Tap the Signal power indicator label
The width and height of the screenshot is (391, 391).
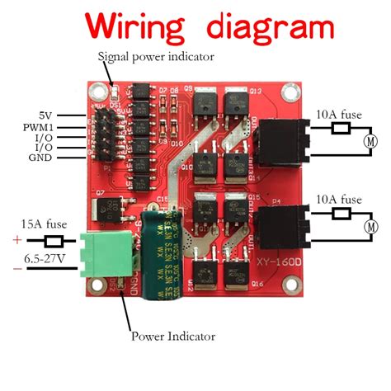pos(156,57)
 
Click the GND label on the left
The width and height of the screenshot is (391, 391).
pos(42,157)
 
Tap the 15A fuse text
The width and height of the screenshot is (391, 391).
pos(44,222)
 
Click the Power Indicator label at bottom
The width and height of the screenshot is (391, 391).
pos(172,336)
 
